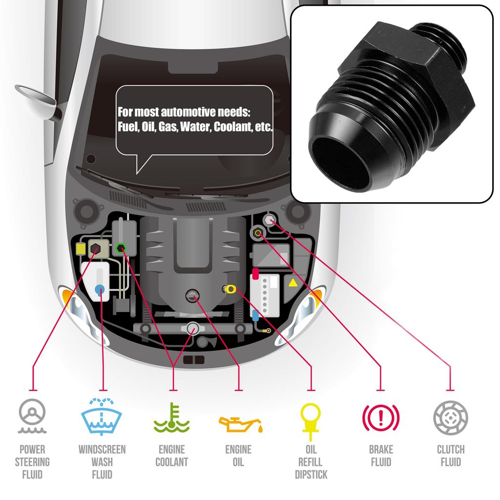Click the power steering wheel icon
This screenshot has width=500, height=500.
point(32,417)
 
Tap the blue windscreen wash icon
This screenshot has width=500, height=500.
point(102,417)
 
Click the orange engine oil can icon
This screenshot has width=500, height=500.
point(240,423)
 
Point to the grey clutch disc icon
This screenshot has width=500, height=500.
point(450,417)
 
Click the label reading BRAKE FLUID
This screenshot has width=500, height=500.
point(381,456)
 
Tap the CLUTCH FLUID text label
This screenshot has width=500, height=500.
point(450,456)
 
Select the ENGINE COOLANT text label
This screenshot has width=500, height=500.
point(171,456)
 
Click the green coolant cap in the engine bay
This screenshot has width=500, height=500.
point(121,248)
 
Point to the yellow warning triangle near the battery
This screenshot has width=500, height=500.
point(292,283)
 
